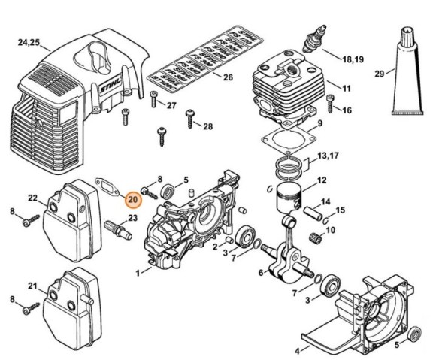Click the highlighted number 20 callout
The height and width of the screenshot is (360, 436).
132,200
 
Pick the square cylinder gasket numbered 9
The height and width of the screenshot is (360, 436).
285,142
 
